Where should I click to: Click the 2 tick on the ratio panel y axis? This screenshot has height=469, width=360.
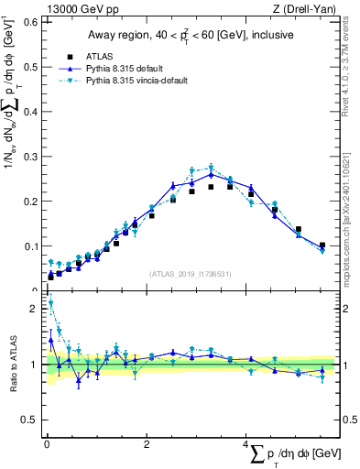click(34, 309)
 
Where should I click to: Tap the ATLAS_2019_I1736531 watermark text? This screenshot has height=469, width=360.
click(191, 274)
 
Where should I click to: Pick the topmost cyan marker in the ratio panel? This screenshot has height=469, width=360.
click(50, 303)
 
